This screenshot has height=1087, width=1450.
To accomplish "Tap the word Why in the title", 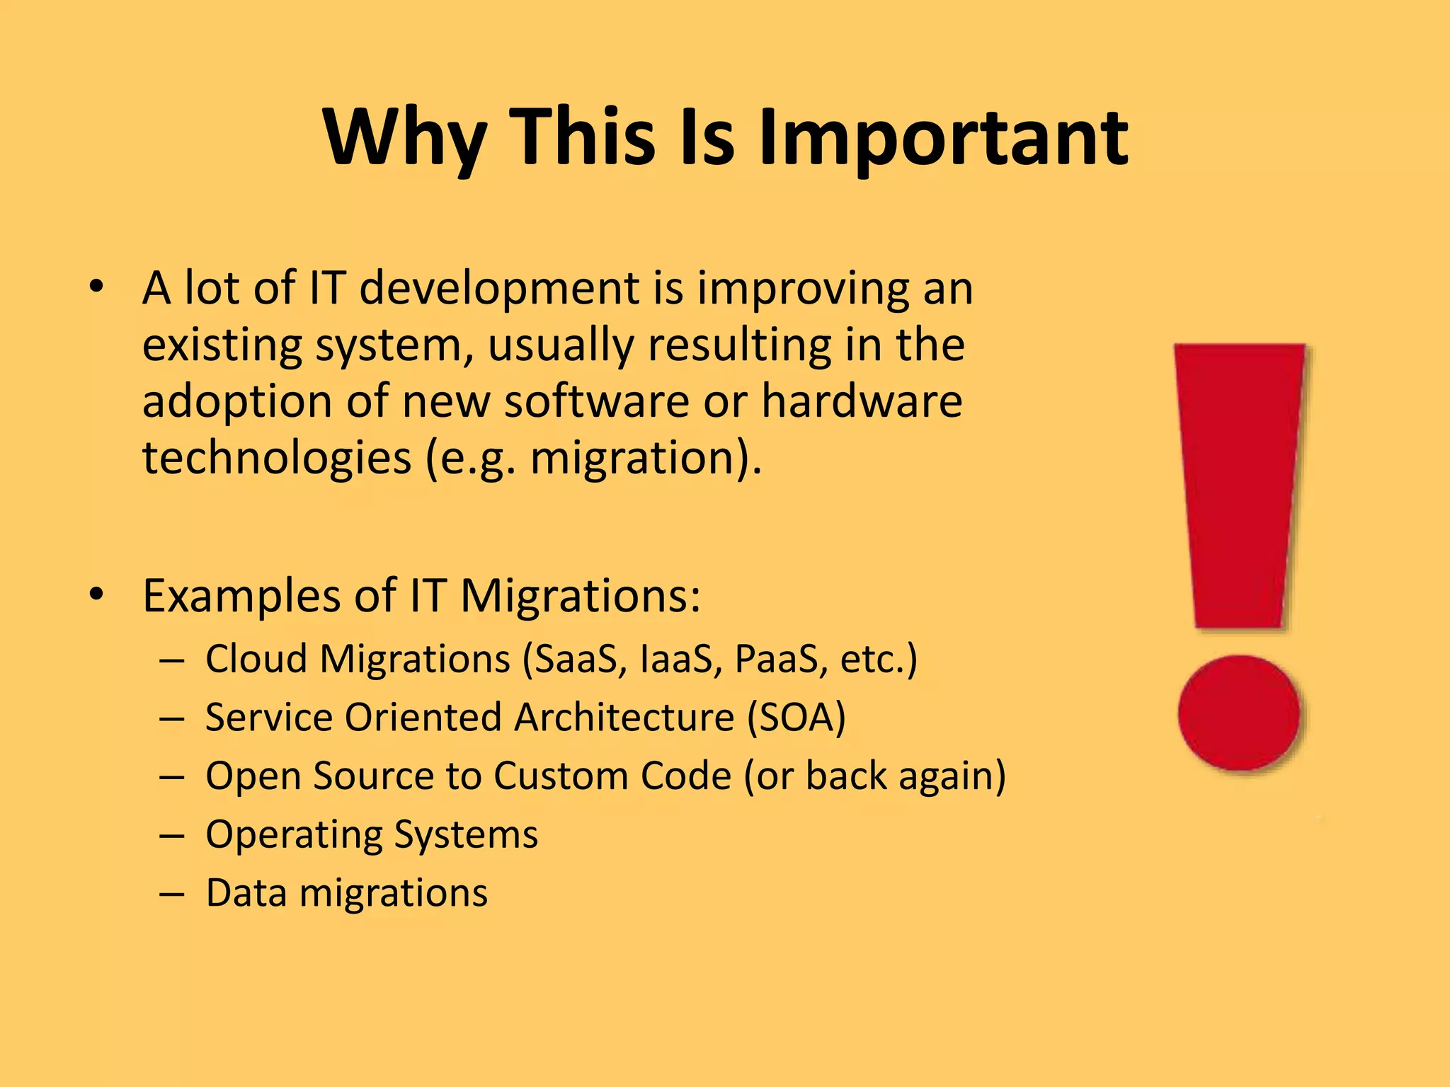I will coord(404,138).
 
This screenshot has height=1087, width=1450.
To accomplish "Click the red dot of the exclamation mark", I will coord(1239,713).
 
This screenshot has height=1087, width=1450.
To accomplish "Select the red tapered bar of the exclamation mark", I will coord(1239,481).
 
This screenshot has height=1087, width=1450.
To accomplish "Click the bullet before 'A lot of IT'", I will coord(97,288).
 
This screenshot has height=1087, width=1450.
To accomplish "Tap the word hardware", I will coord(862,401).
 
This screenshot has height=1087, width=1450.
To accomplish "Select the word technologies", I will coord(276,458).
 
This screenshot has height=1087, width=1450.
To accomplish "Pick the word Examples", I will coord(241,596).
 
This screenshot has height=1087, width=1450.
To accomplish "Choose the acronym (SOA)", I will coord(797,718).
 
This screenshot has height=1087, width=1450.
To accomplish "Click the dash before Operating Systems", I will coord(172,836).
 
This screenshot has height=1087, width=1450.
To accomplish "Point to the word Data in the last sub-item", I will coord(246,893).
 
